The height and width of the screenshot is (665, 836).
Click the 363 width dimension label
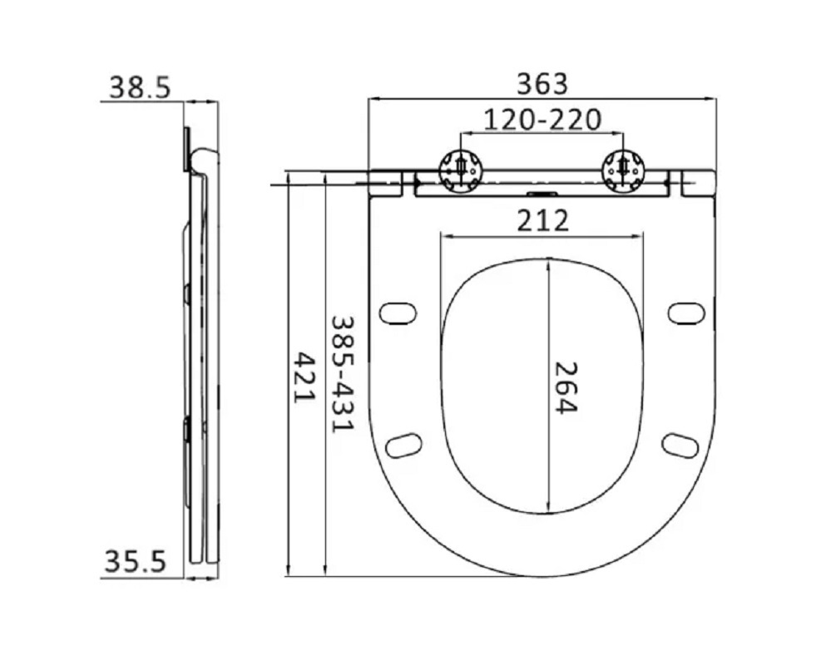tap(542, 84)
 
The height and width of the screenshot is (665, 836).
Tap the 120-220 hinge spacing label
tap(542, 120)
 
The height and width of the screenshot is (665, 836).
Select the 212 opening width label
tap(542, 220)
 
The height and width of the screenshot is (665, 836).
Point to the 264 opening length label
tap(566, 387)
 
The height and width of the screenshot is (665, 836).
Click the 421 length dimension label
tap(305, 377)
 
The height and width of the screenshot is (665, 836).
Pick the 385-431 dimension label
tap(342, 375)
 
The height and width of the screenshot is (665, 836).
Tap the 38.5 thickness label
tap(140, 87)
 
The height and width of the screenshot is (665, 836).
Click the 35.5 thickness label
tap(136, 561)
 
